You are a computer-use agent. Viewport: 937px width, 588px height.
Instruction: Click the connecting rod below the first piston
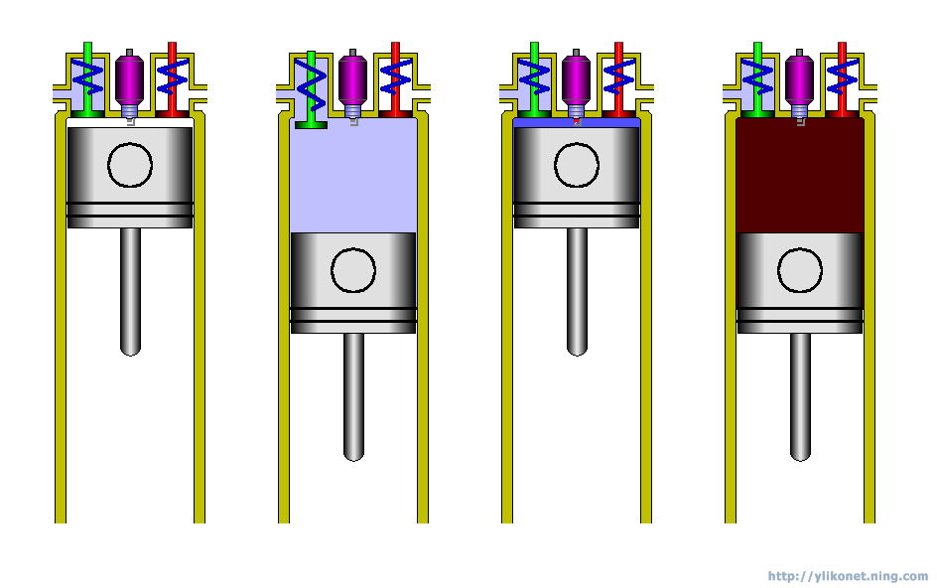pos(130,291)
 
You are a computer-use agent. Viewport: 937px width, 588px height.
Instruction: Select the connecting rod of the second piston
pos(353,396)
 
